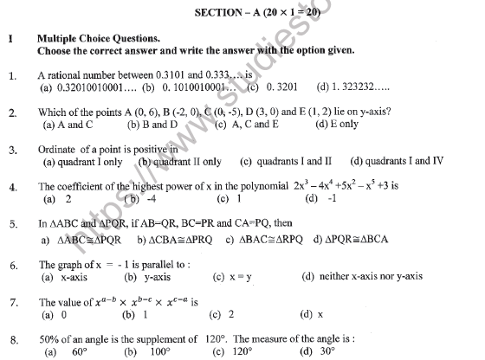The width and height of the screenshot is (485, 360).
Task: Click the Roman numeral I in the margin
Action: tap(9, 39)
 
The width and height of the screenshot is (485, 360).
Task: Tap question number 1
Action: tap(12, 75)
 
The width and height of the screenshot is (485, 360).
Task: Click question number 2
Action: tap(12, 112)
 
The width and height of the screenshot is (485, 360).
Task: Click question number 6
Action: tap(12, 265)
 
